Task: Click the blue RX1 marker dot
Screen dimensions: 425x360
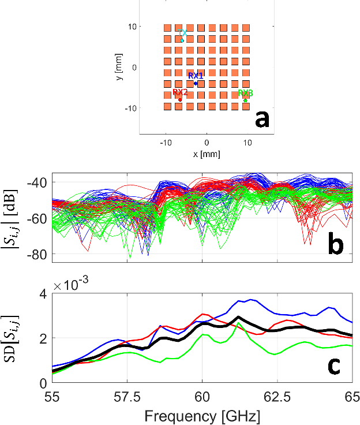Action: pyautogui.click(x=196, y=83)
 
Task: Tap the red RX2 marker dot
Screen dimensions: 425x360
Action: pyautogui.click(x=180, y=100)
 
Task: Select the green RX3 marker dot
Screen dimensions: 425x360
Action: pyautogui.click(x=245, y=100)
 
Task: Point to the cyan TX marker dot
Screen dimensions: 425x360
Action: pyautogui.click(x=182, y=40)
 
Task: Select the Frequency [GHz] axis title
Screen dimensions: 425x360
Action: pyautogui.click(x=202, y=415)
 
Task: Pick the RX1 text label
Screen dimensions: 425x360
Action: pyautogui.click(x=196, y=76)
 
